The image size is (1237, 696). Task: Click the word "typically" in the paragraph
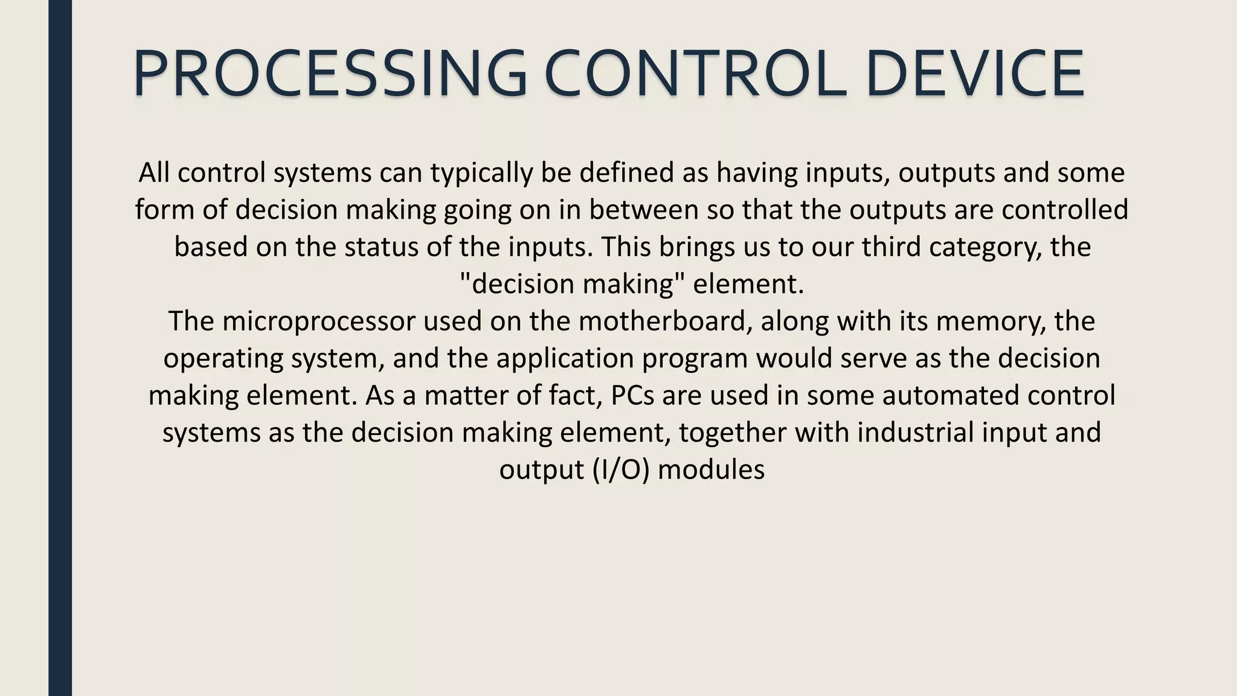481,173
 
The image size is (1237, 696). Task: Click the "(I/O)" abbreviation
622,470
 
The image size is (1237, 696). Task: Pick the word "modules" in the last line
711,470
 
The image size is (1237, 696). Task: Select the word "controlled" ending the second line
1065,210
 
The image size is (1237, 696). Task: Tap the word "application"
565,359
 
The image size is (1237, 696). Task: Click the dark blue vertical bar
60,348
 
